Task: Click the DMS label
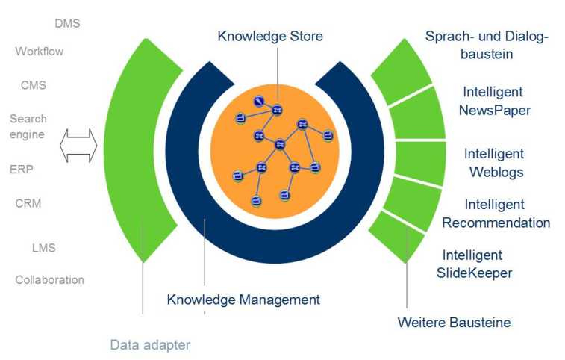67,23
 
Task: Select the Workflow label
39,52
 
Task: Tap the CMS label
33,85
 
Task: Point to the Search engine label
28,126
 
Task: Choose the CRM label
28,203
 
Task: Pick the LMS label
43,247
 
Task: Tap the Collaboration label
49,280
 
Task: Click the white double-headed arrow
78,145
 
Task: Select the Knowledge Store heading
270,35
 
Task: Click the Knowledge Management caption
243,300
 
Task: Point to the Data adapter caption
150,344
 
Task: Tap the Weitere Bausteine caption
454,322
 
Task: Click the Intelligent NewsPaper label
495,101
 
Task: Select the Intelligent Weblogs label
495,162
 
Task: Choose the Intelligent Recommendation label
496,214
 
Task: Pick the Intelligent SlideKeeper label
474,264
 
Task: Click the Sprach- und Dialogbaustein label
485,45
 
